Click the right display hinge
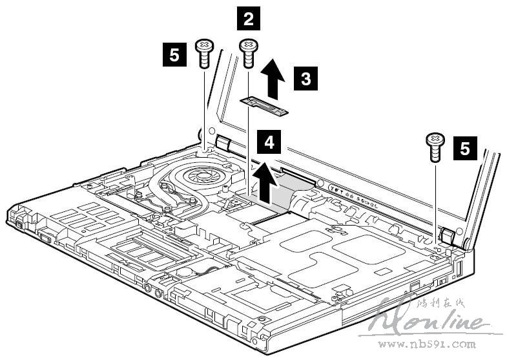click(x=445, y=236)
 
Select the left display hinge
click(x=222, y=143)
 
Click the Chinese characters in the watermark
click(x=438, y=302)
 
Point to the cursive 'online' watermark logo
click(x=439, y=320)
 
